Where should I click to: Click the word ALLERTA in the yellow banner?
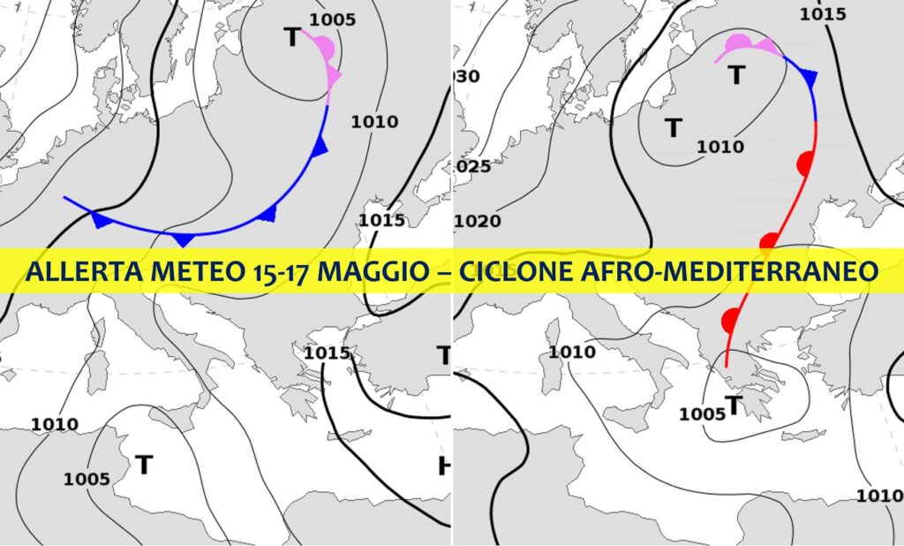(x=79, y=270)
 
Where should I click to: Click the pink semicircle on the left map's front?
(x=324, y=49)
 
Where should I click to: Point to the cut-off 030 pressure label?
(x=467, y=77)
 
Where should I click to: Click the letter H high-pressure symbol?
(x=444, y=466)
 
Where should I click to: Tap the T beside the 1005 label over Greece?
(x=732, y=406)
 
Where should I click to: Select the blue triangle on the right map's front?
(x=809, y=78)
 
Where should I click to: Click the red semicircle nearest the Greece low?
(x=729, y=320)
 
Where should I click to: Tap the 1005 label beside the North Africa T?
(x=87, y=479)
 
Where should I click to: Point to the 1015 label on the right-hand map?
(x=822, y=14)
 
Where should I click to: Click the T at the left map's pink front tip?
(x=291, y=37)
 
